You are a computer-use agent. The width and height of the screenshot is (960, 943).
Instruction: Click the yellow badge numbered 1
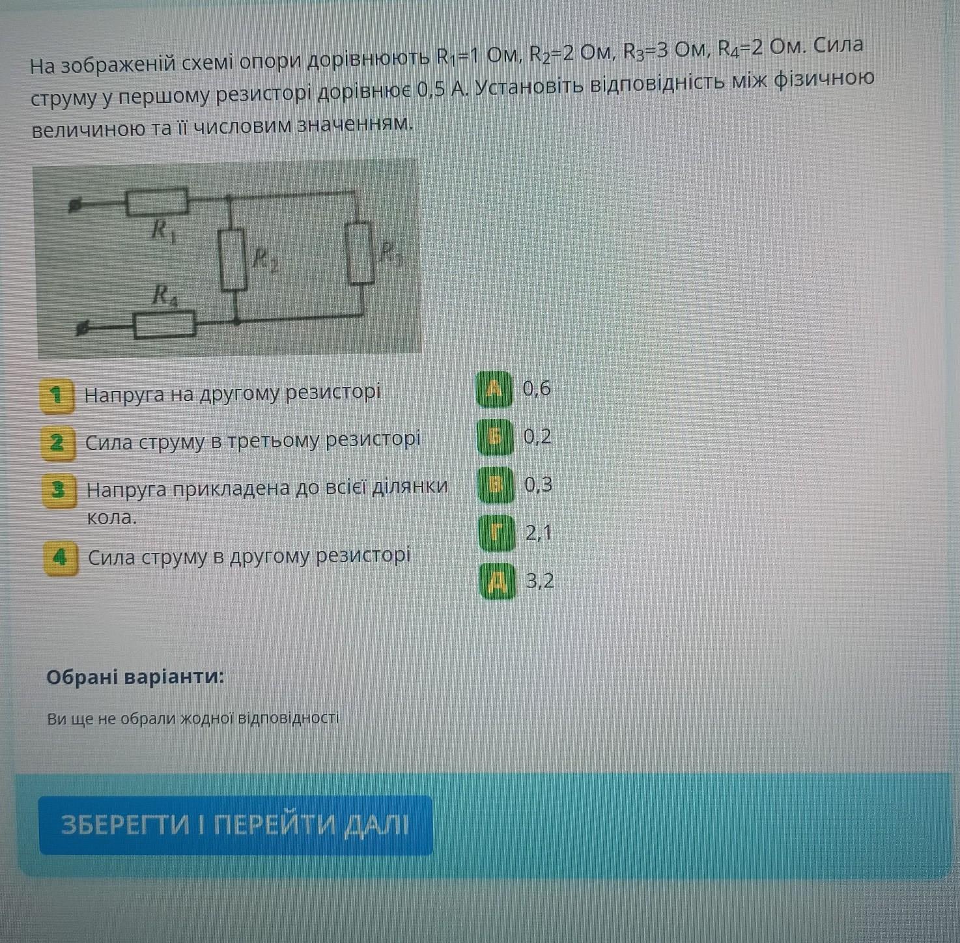point(57,396)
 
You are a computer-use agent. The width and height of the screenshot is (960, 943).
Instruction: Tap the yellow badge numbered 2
point(58,442)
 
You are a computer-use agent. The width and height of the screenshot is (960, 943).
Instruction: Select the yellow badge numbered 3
point(59,490)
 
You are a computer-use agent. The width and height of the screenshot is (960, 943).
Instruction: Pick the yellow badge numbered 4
point(61,558)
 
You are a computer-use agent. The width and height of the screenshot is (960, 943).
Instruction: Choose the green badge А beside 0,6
point(494,389)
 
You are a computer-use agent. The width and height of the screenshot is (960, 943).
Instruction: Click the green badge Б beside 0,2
point(495,437)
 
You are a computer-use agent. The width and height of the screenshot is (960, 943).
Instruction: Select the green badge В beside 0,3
point(496,485)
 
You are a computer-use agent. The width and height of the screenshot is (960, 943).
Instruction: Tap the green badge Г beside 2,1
point(497,533)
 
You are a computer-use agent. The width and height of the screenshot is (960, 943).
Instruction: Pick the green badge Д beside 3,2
point(498,581)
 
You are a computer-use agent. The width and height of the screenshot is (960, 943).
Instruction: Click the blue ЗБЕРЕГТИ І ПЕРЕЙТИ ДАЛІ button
point(236,825)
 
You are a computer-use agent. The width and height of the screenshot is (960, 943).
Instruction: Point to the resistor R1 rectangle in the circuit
point(156,202)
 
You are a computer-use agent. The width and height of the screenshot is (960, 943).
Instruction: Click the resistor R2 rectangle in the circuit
point(233,260)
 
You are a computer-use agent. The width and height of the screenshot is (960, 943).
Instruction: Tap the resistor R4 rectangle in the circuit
point(164,325)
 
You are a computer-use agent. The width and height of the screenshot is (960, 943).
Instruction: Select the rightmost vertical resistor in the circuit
point(360,253)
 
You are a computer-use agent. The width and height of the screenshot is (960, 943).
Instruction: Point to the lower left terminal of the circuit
point(82,329)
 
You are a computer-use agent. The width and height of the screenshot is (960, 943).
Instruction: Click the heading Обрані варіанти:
point(135,677)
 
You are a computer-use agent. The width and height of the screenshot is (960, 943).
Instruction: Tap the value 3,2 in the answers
point(540,580)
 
